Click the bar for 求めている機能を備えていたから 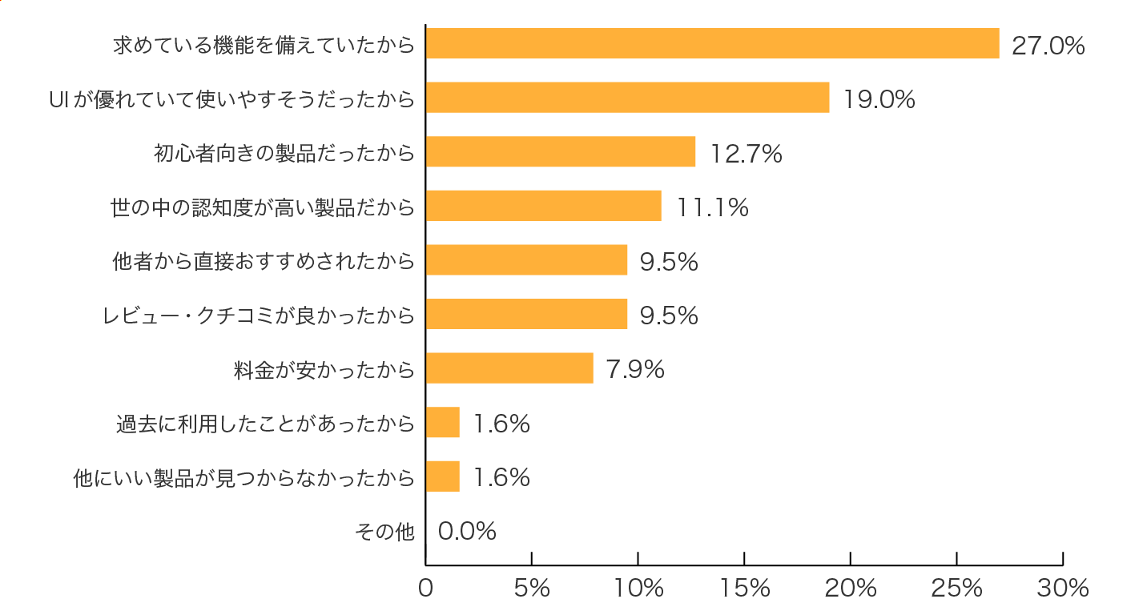click(712, 43)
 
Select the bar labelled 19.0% click(627, 97)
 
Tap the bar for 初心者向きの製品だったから click(561, 151)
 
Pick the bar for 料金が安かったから click(509, 368)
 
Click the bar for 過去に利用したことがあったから click(443, 422)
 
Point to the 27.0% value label click(1048, 46)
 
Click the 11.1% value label click(713, 207)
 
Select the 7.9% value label click(635, 369)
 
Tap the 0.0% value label click(467, 531)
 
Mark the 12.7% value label click(746, 154)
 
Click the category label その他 click(384, 531)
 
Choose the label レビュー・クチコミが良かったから click(259, 316)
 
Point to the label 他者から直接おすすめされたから click(264, 261)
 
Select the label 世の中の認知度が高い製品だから click(263, 207)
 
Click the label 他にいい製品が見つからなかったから click(244, 478)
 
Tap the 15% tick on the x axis click(744, 589)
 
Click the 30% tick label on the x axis click(1062, 589)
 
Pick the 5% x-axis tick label click(532, 589)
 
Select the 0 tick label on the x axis click(426, 589)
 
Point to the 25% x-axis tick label click(956, 589)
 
